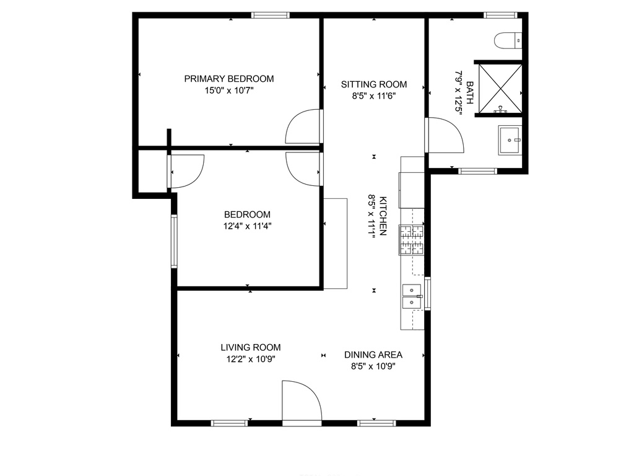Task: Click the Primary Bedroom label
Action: coord(229,79)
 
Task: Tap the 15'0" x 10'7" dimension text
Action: coord(229,90)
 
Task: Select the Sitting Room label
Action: coord(373,84)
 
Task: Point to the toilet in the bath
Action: coord(508,40)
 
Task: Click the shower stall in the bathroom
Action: coord(500,89)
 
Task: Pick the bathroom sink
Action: coord(510,140)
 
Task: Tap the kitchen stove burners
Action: coord(412,240)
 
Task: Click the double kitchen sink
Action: coord(412,297)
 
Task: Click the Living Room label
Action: coord(251,347)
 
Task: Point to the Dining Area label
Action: coord(373,355)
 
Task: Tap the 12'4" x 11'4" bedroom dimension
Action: coord(248,226)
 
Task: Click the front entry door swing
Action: coord(302,402)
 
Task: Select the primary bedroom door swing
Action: coord(304,126)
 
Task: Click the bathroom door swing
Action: coord(444,135)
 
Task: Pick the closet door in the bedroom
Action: coord(186,172)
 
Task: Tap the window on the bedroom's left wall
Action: coord(174,241)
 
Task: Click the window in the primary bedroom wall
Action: coord(271,15)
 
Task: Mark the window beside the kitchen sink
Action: coord(427,293)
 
